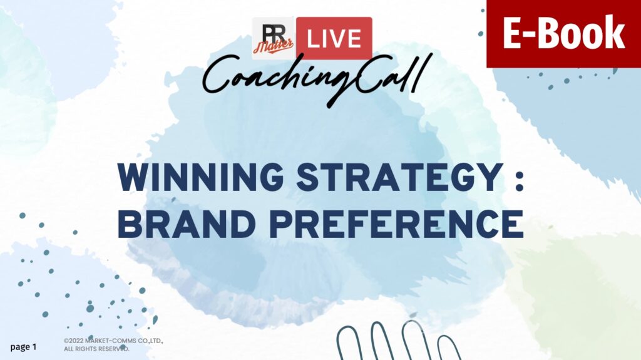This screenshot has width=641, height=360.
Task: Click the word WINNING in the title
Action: [200, 177]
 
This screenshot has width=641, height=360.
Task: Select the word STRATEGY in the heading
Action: [399, 177]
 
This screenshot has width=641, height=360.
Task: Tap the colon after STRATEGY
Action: [519, 180]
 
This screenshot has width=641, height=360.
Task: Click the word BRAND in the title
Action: [187, 224]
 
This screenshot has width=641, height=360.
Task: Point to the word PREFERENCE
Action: [397, 224]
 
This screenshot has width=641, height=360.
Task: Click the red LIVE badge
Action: [334, 38]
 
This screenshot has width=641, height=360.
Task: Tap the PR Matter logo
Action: [274, 38]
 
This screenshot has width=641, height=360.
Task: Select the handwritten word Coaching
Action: [278, 78]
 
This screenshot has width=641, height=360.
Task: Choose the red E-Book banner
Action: [564, 34]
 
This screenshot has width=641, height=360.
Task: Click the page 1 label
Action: [23, 347]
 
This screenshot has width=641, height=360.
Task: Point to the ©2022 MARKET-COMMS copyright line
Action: [114, 341]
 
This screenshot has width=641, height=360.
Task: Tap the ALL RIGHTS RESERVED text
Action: [96, 349]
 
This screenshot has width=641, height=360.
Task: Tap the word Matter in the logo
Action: [273, 46]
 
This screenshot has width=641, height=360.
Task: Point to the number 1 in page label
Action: [34, 346]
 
